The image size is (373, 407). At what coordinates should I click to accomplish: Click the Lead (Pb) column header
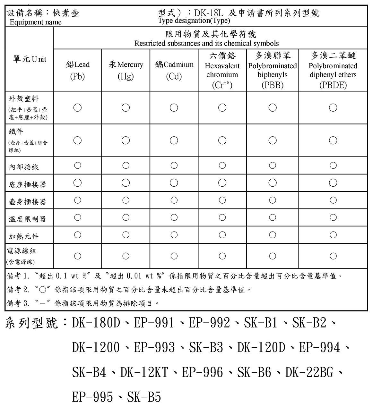pyautogui.click(x=77, y=70)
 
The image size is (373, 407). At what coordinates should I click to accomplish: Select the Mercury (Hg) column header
pyautogui.click(x=126, y=70)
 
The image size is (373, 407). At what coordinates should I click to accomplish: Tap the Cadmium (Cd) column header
pyautogui.click(x=174, y=70)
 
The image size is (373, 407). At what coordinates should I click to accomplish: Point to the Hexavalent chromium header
pyautogui.click(x=222, y=70)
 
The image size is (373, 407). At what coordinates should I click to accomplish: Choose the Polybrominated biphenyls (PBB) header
pyautogui.click(x=273, y=70)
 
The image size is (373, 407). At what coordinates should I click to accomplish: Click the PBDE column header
pyautogui.click(x=333, y=70)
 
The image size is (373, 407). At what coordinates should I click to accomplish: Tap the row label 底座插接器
pyautogui.click(x=27, y=184)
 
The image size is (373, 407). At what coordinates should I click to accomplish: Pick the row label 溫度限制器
pyautogui.click(x=27, y=219)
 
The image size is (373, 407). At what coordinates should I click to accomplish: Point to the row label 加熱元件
pyautogui.click(x=24, y=236)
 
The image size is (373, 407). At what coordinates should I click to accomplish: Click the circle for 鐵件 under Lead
pyautogui.click(x=77, y=140)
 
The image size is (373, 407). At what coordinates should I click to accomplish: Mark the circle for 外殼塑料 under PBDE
pyautogui.click(x=333, y=107)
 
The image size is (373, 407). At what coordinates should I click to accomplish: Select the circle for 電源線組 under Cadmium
pyautogui.click(x=174, y=256)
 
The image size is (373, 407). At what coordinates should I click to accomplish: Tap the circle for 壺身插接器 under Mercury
pyautogui.click(x=126, y=200)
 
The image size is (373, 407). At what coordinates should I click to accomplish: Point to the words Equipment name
pyautogui.click(x=35, y=22)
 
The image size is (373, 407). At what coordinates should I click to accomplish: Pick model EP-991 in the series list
pyautogui.click(x=154, y=323)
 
